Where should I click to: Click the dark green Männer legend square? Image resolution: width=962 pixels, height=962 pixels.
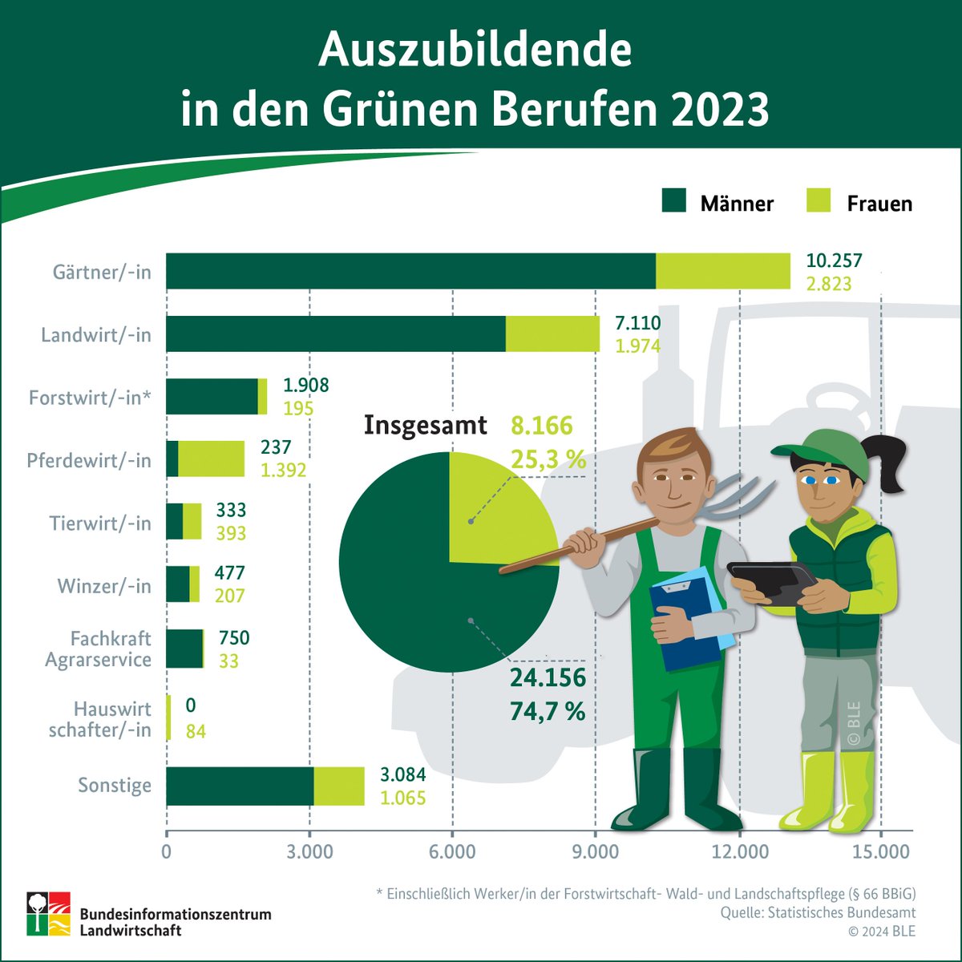tap(674, 201)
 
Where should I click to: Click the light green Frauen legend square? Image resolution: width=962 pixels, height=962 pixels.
tap(818, 201)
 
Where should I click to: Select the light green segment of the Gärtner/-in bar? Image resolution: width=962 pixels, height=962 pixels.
tap(723, 271)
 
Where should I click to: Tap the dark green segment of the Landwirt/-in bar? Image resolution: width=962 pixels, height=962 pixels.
tap(335, 333)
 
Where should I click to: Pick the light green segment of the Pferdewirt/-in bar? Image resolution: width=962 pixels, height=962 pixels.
tap(211, 459)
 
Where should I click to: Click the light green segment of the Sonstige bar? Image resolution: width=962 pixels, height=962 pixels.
tap(338, 786)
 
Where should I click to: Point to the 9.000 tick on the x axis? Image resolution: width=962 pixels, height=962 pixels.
tap(595, 851)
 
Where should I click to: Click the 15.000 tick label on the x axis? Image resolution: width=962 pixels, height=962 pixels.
tap(881, 851)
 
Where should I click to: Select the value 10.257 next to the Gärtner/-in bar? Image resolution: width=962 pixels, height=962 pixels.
tap(835, 261)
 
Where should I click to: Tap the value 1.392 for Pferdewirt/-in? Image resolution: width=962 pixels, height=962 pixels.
tap(283, 470)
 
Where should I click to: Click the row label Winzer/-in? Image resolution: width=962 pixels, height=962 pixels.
tap(104, 586)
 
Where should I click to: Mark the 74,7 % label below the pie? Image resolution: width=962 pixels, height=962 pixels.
tap(548, 710)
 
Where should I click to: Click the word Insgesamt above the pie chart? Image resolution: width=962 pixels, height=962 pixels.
tap(425, 425)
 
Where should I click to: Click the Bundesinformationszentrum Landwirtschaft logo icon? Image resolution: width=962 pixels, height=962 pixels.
tap(48, 912)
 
